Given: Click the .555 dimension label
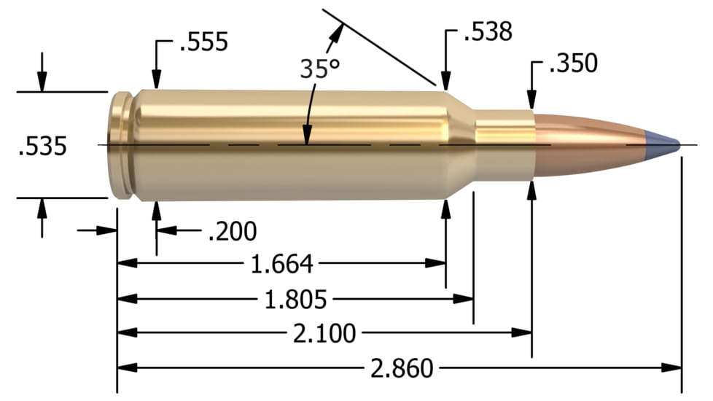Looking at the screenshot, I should [x=203, y=42].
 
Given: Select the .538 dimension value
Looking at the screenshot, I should [x=488, y=32].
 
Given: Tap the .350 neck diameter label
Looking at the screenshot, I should [x=572, y=64].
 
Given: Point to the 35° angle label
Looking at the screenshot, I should [x=320, y=69].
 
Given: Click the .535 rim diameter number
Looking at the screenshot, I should [x=42, y=147].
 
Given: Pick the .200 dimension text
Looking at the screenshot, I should [x=232, y=232].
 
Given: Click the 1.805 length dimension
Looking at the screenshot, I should [x=295, y=299].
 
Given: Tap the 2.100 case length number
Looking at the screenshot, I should [x=324, y=334].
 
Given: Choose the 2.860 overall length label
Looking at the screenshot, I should [x=402, y=369].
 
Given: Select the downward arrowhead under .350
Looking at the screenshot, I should [x=533, y=100].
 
